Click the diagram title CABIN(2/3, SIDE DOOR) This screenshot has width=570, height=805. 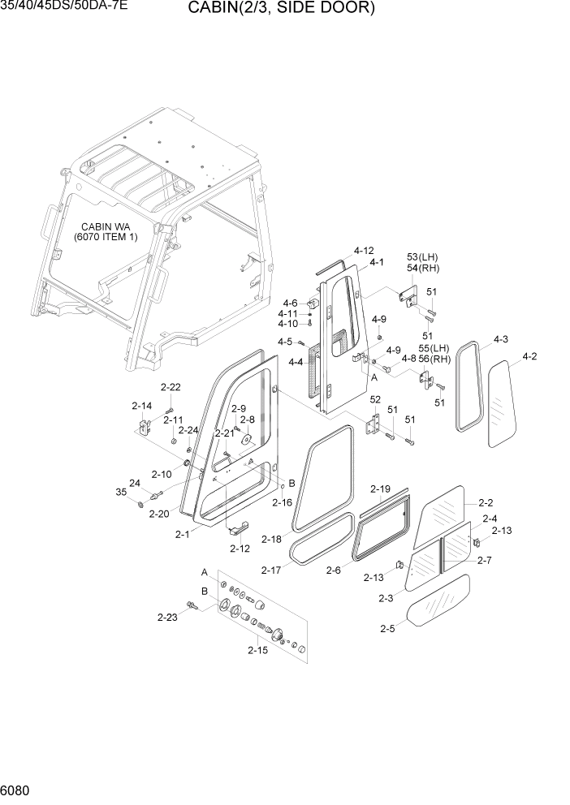point(281,9)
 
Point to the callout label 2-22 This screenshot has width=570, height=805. point(171,387)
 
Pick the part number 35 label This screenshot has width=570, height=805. point(121,492)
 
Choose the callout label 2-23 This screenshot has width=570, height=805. point(167,617)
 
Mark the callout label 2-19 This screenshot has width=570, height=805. point(380,489)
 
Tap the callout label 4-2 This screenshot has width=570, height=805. point(529,356)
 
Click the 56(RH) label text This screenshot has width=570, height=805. point(440,359)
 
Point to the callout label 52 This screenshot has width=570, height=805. point(375,399)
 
